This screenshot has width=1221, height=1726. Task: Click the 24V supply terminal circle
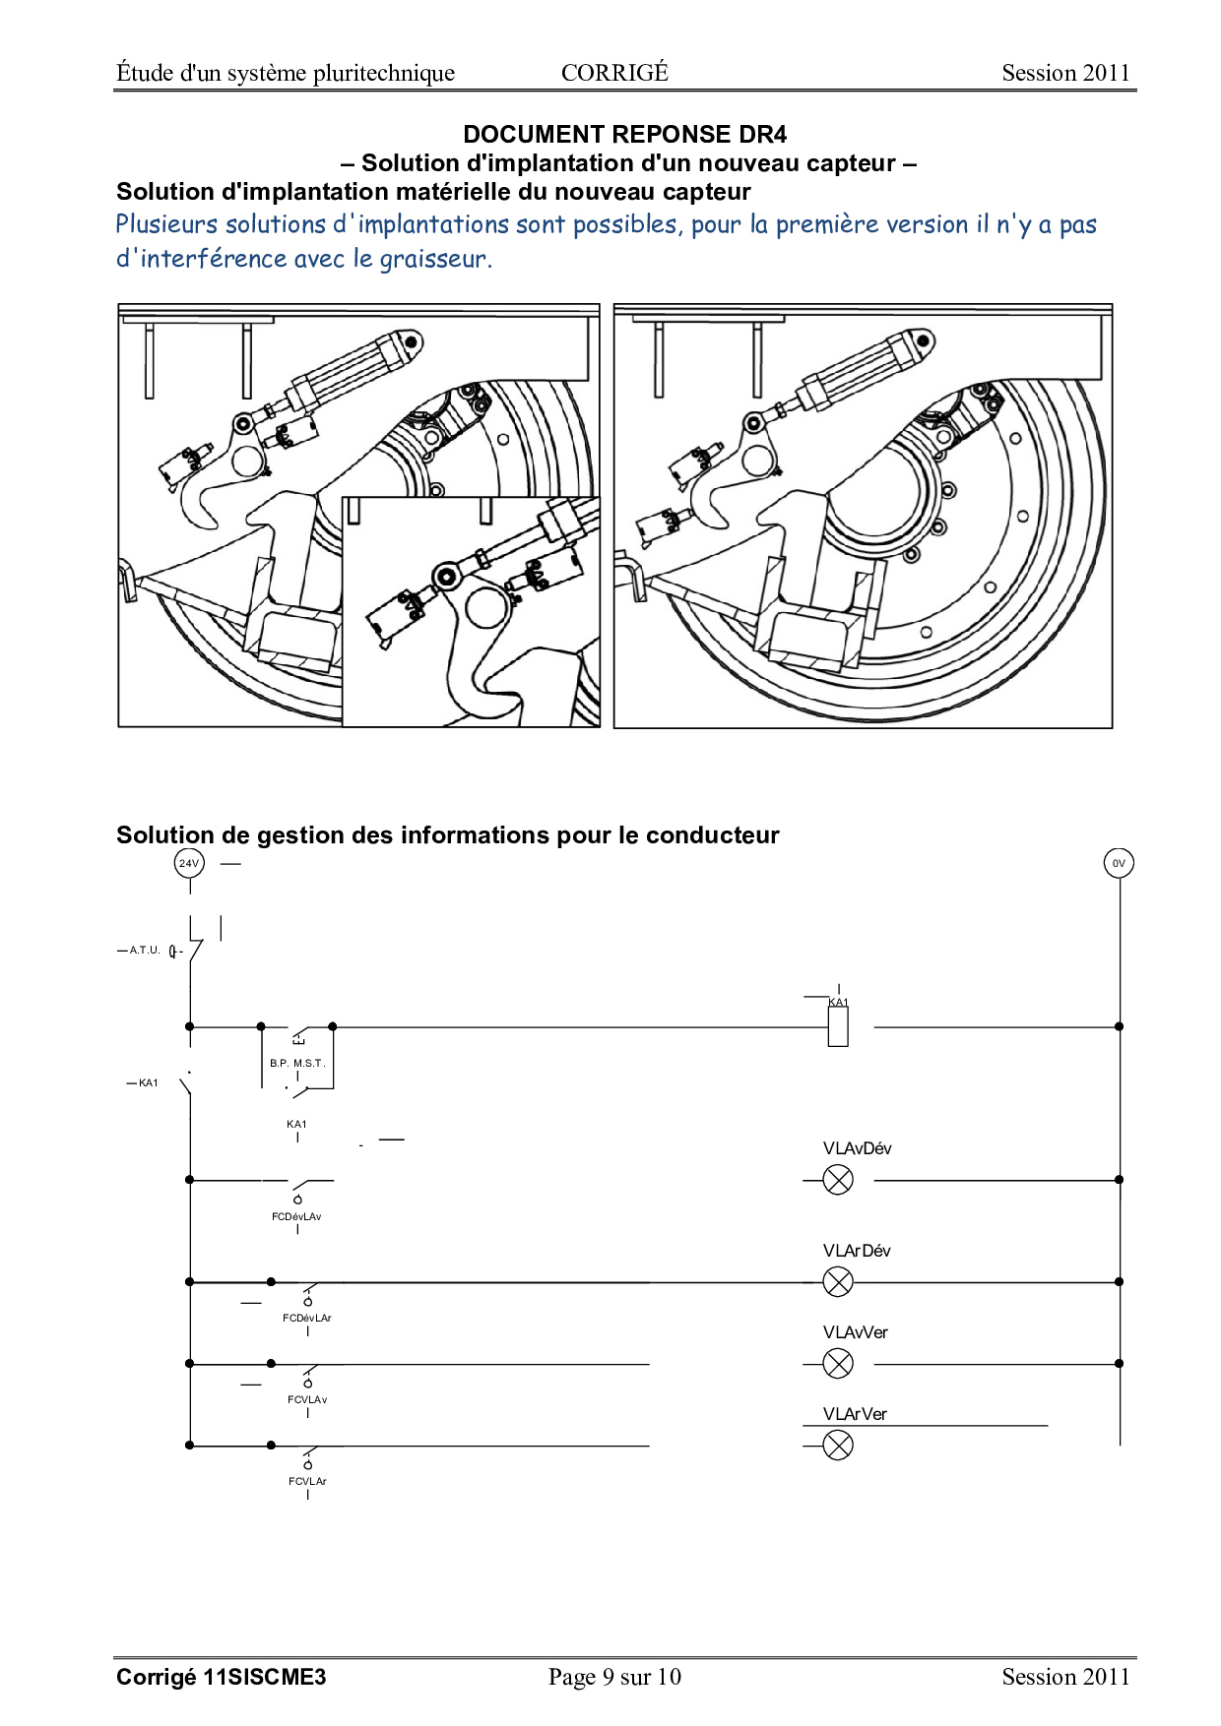pos(189,863)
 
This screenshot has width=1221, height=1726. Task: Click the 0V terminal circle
pos(1119,863)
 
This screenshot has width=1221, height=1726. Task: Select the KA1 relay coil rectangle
pos(838,1026)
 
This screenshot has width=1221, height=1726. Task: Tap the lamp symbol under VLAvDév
pos(838,1180)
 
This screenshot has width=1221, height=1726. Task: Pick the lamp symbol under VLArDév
pos(838,1282)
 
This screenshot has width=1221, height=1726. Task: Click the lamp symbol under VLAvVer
pos(838,1364)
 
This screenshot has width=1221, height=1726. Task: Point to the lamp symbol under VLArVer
pos(838,1446)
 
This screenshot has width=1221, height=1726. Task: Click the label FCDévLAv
pos(296,1217)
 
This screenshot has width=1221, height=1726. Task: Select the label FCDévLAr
pos(307,1319)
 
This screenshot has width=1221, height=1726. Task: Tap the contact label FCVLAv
pos(307,1400)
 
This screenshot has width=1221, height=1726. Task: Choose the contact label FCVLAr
pos(307,1482)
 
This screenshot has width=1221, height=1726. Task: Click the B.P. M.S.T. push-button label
pos(297,1064)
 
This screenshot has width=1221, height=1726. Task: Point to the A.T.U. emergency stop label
pos(145,951)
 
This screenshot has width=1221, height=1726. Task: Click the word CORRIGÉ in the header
pos(614,73)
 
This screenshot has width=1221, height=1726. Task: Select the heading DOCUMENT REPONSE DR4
pos(625,135)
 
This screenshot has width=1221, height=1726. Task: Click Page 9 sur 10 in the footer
pos(614,1677)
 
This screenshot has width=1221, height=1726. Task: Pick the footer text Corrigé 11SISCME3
pos(221,1678)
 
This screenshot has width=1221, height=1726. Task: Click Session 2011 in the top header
pos(1065,73)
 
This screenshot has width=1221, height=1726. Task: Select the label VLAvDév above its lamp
pos(858,1148)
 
